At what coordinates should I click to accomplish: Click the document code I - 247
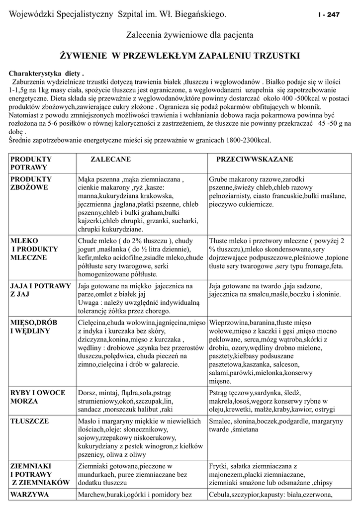pos(329,15)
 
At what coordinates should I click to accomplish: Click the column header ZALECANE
pos(110,159)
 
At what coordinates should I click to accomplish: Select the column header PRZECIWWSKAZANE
pos(254,159)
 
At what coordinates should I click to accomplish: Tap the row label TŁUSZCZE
pos(30,421)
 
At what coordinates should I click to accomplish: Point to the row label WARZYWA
pos(30,495)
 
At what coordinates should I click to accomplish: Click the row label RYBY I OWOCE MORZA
pos(38,397)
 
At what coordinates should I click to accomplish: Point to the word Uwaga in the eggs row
pos(90,302)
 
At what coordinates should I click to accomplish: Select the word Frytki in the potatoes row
pos(219,466)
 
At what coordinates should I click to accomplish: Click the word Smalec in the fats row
pos(221,421)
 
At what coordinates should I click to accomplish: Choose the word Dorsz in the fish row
pos(87,392)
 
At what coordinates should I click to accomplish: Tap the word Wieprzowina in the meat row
pos(228,323)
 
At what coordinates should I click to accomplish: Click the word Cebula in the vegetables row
pos(220,495)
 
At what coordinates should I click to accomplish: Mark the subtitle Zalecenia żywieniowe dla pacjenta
pos(190,36)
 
